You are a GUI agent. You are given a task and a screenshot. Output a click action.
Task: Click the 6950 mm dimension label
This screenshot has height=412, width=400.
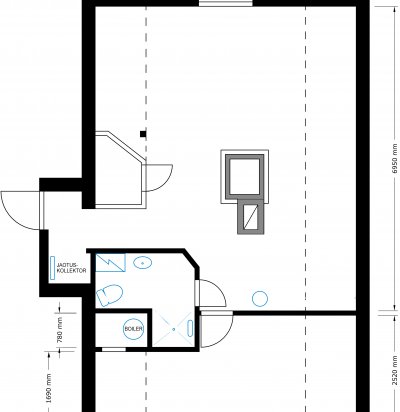395,159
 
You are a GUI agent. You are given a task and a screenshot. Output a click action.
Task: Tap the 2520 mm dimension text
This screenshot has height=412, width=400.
395,370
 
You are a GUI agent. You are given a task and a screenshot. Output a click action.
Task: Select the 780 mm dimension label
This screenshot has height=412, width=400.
60,330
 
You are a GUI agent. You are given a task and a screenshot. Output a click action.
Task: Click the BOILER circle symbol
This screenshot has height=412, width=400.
134,329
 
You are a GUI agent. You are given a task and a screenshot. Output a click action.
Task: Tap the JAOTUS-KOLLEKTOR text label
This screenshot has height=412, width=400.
71,268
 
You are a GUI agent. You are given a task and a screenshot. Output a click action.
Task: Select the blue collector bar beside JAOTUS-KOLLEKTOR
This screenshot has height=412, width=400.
53,268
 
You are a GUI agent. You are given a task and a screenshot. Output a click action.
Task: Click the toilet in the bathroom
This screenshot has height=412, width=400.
108,295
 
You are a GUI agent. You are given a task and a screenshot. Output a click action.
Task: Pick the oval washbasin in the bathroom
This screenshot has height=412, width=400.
143,263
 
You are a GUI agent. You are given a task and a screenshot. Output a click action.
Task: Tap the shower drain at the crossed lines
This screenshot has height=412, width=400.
173,329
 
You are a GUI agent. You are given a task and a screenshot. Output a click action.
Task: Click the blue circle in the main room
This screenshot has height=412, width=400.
260,298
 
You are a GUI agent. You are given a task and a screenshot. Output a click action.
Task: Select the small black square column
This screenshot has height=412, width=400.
143,134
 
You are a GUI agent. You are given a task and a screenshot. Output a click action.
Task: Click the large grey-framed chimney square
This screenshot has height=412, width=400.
245,177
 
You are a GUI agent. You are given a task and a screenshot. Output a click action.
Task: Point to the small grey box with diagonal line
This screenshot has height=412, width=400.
252,216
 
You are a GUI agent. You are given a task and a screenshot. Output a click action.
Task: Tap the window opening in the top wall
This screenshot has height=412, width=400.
226,3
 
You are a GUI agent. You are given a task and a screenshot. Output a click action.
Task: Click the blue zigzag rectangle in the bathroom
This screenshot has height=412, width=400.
111,263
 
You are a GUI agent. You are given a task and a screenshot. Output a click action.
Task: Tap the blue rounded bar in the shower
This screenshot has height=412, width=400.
190,328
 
